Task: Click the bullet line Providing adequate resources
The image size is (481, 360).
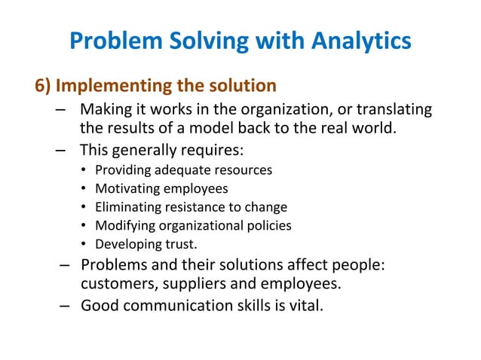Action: click(183, 170)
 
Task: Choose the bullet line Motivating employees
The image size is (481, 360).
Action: click(161, 188)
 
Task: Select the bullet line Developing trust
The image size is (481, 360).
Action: click(146, 243)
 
